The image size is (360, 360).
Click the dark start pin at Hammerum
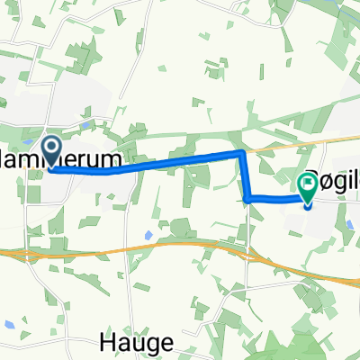[49, 148]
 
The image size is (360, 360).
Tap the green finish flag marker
[307, 186]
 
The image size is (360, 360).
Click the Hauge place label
[130, 342]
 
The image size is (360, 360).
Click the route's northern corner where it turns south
[242, 155]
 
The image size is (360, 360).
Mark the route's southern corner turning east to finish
[247, 197]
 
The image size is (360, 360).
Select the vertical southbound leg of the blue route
[245, 176]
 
